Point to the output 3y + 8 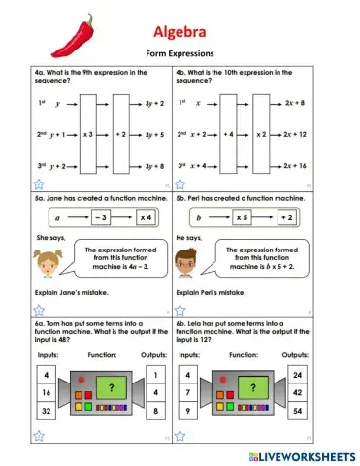(x=153, y=167)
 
